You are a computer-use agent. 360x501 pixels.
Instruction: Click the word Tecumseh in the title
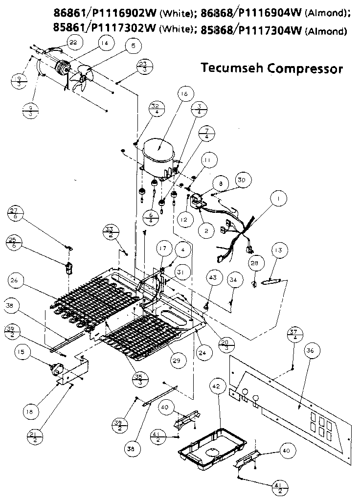coord(232,68)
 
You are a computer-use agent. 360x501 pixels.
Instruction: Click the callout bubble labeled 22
coord(73,43)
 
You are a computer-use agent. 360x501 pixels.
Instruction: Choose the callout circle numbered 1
coord(279,199)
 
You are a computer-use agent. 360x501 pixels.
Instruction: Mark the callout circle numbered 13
coord(278,251)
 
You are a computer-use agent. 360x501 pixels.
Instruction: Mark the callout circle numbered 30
coord(242,180)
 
